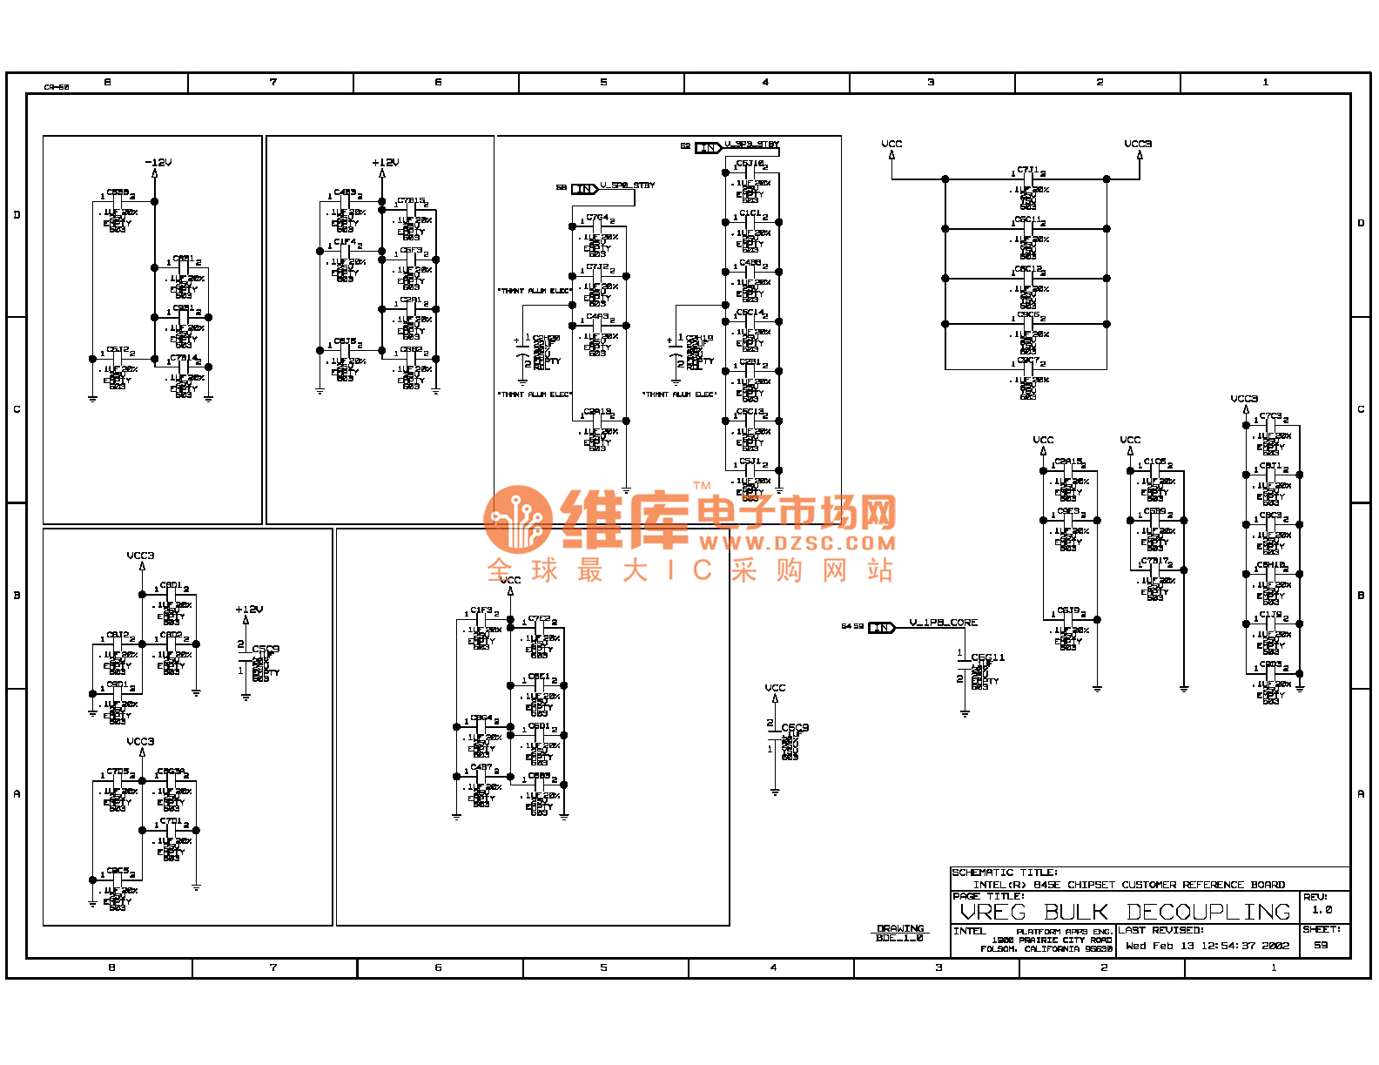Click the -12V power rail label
click(x=158, y=163)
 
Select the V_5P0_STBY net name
click(x=627, y=185)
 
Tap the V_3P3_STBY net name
click(x=752, y=145)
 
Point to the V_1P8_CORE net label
click(x=943, y=623)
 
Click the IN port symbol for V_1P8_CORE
click(x=881, y=627)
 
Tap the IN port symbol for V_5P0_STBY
click(x=584, y=189)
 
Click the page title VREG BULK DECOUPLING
click(x=1125, y=912)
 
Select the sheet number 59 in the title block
click(x=1321, y=945)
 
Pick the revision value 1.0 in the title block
click(x=1322, y=910)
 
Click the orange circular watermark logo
click(x=518, y=519)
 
